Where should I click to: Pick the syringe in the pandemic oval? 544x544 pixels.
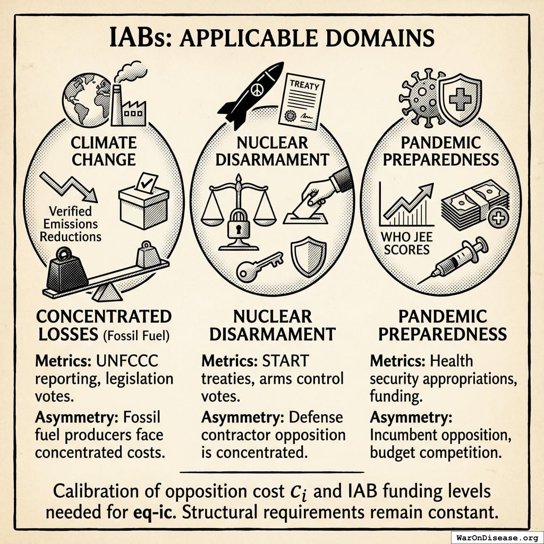460,260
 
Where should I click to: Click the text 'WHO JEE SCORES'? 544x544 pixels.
405,242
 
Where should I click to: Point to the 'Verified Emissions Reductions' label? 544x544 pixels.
70,224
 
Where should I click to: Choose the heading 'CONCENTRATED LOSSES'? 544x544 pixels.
104,325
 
